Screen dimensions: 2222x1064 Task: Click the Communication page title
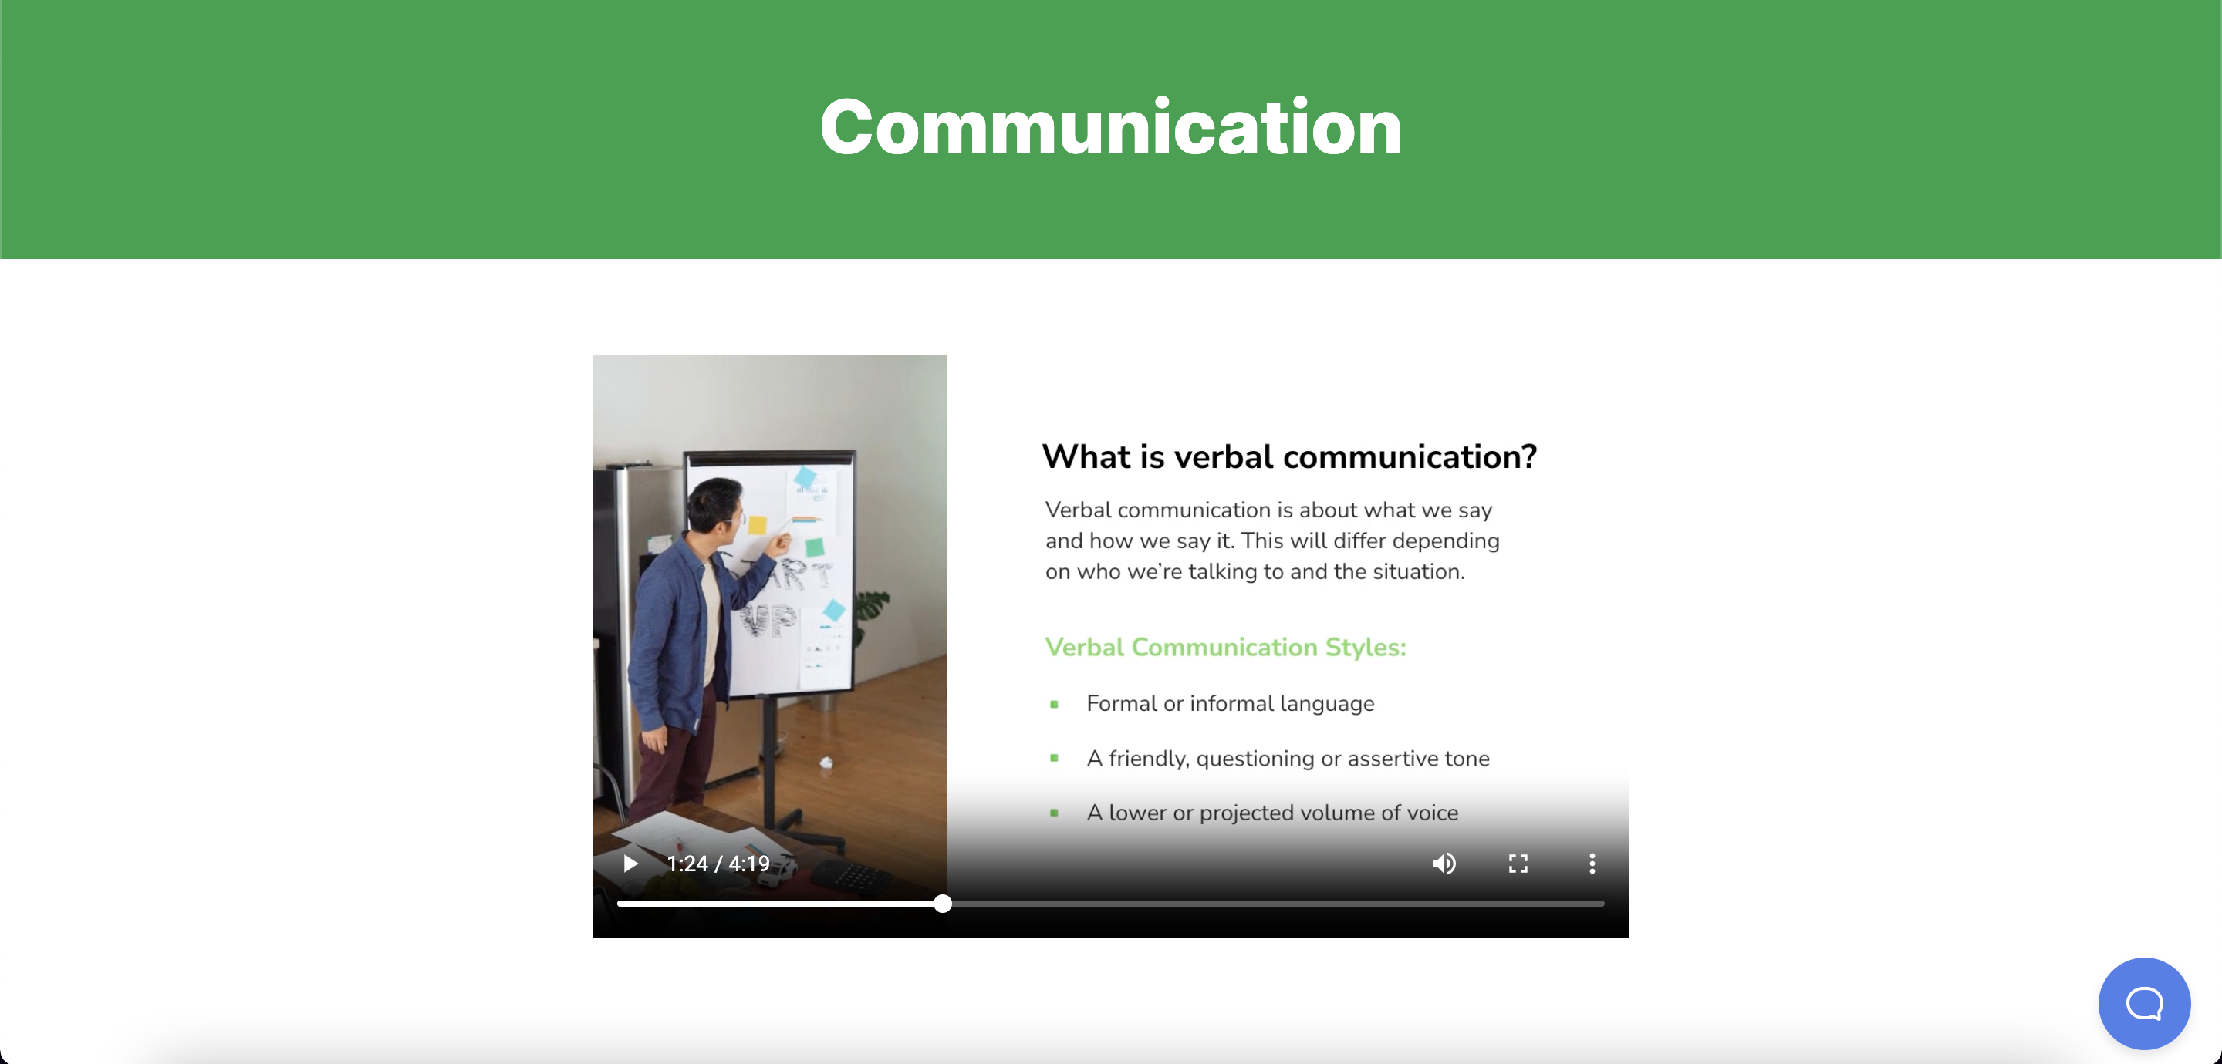pos(1111,128)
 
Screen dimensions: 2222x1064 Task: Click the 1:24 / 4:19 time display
pos(718,863)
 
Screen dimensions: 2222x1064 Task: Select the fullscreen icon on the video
pos(1518,863)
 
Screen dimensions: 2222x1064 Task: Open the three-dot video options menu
pos(1592,863)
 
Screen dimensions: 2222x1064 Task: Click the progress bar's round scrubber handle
pos(943,904)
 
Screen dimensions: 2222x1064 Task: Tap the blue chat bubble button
pos(2144,1004)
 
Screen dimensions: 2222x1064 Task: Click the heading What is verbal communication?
pos(1289,456)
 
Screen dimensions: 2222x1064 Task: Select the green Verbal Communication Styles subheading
pos(1226,647)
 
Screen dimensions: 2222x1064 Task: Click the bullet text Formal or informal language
pos(1230,704)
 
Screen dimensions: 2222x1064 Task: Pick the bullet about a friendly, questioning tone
pos(1288,758)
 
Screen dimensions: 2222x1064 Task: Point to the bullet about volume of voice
pos(1272,812)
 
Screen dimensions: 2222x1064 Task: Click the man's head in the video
pos(715,507)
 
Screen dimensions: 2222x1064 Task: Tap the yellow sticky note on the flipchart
pos(758,524)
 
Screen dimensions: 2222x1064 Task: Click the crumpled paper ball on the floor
pos(826,761)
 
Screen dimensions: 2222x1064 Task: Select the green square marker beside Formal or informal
pos(1054,705)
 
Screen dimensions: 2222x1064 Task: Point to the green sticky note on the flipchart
pos(814,547)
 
